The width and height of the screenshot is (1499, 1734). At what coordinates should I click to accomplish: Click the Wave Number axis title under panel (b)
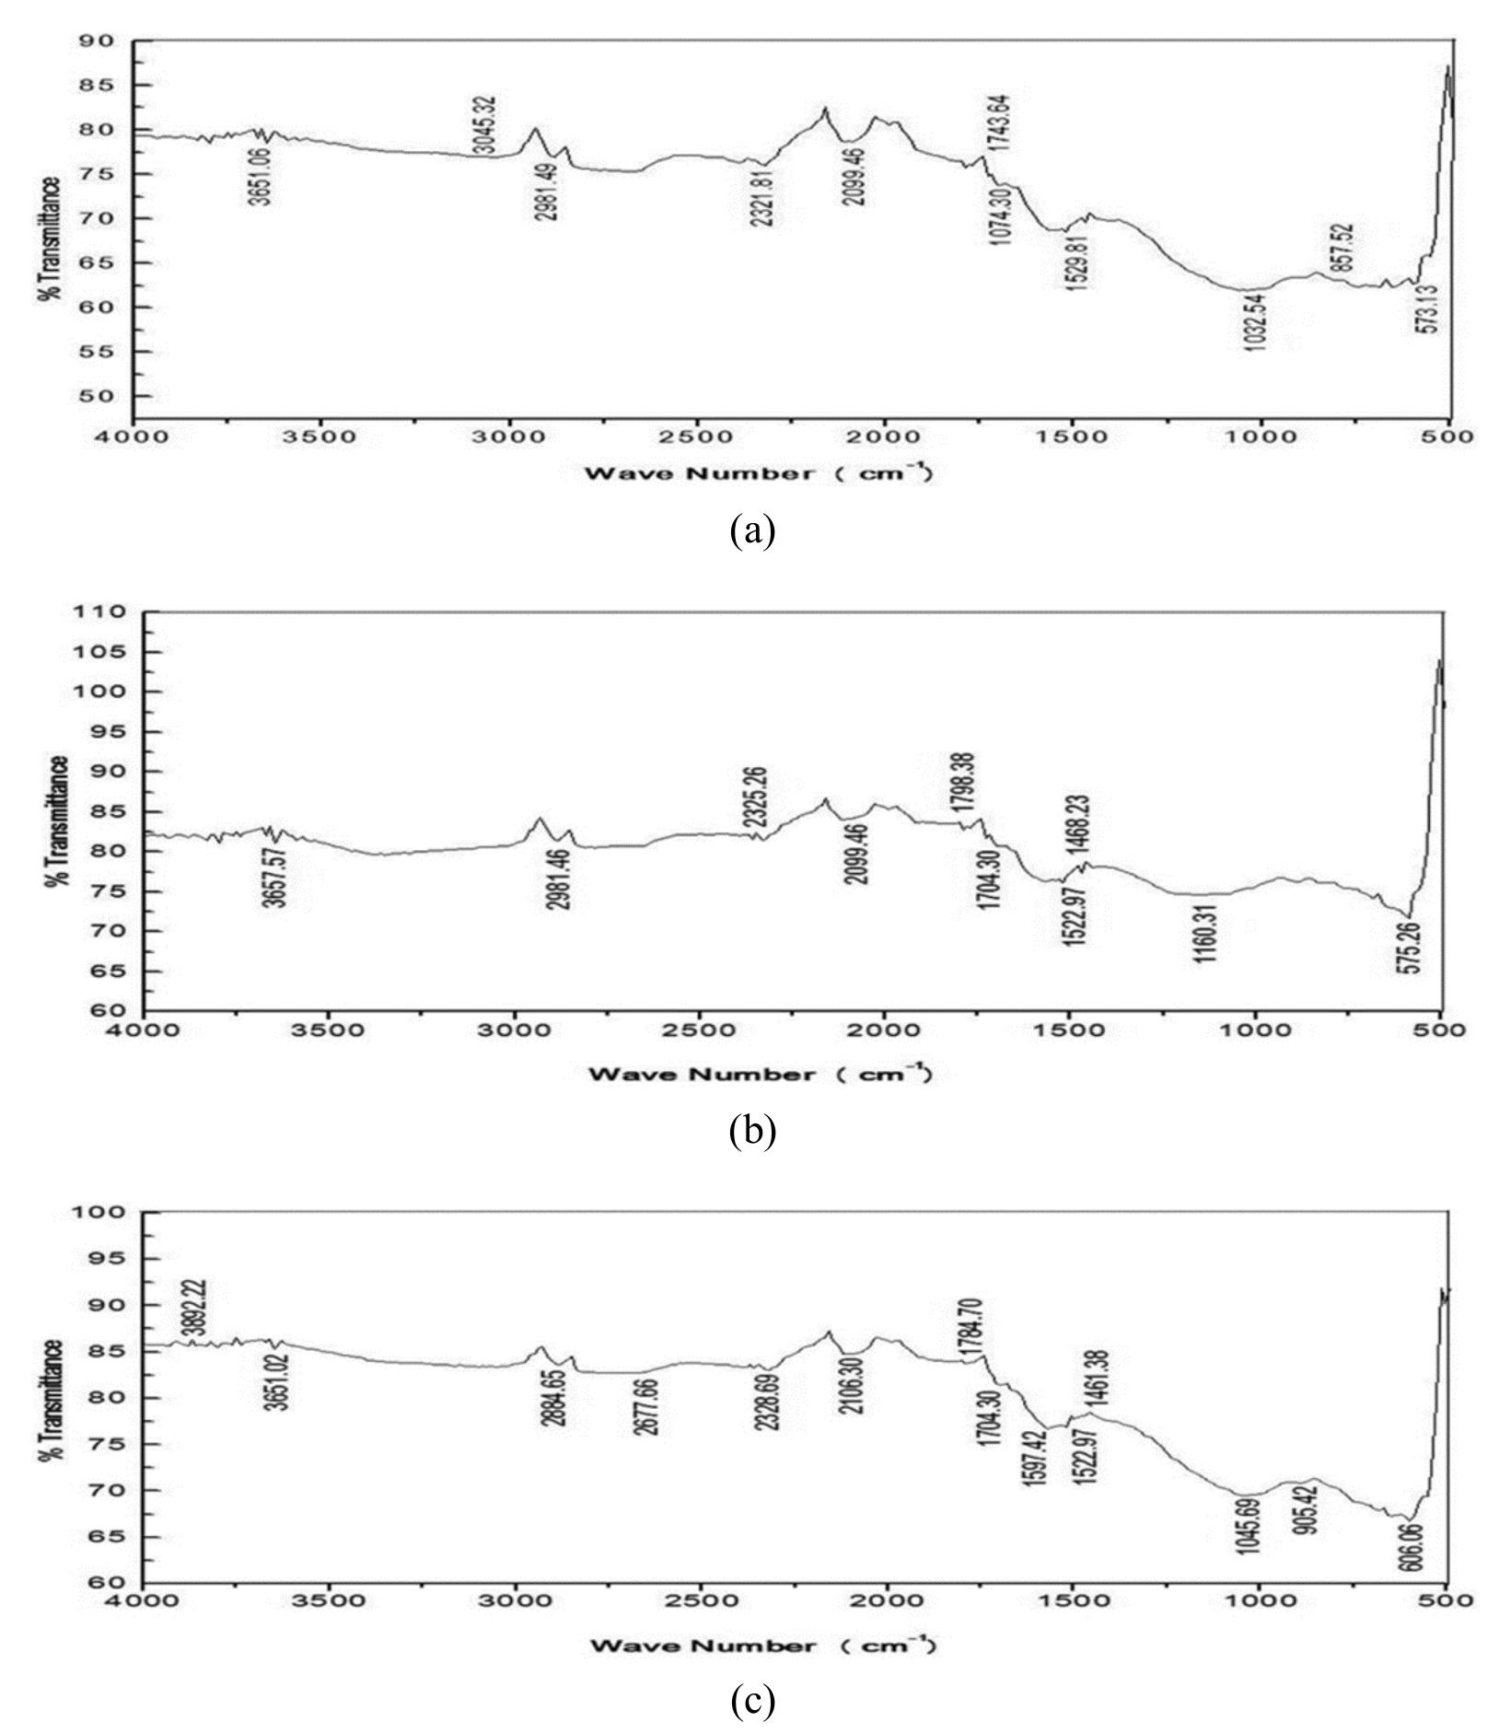tap(761, 1074)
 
